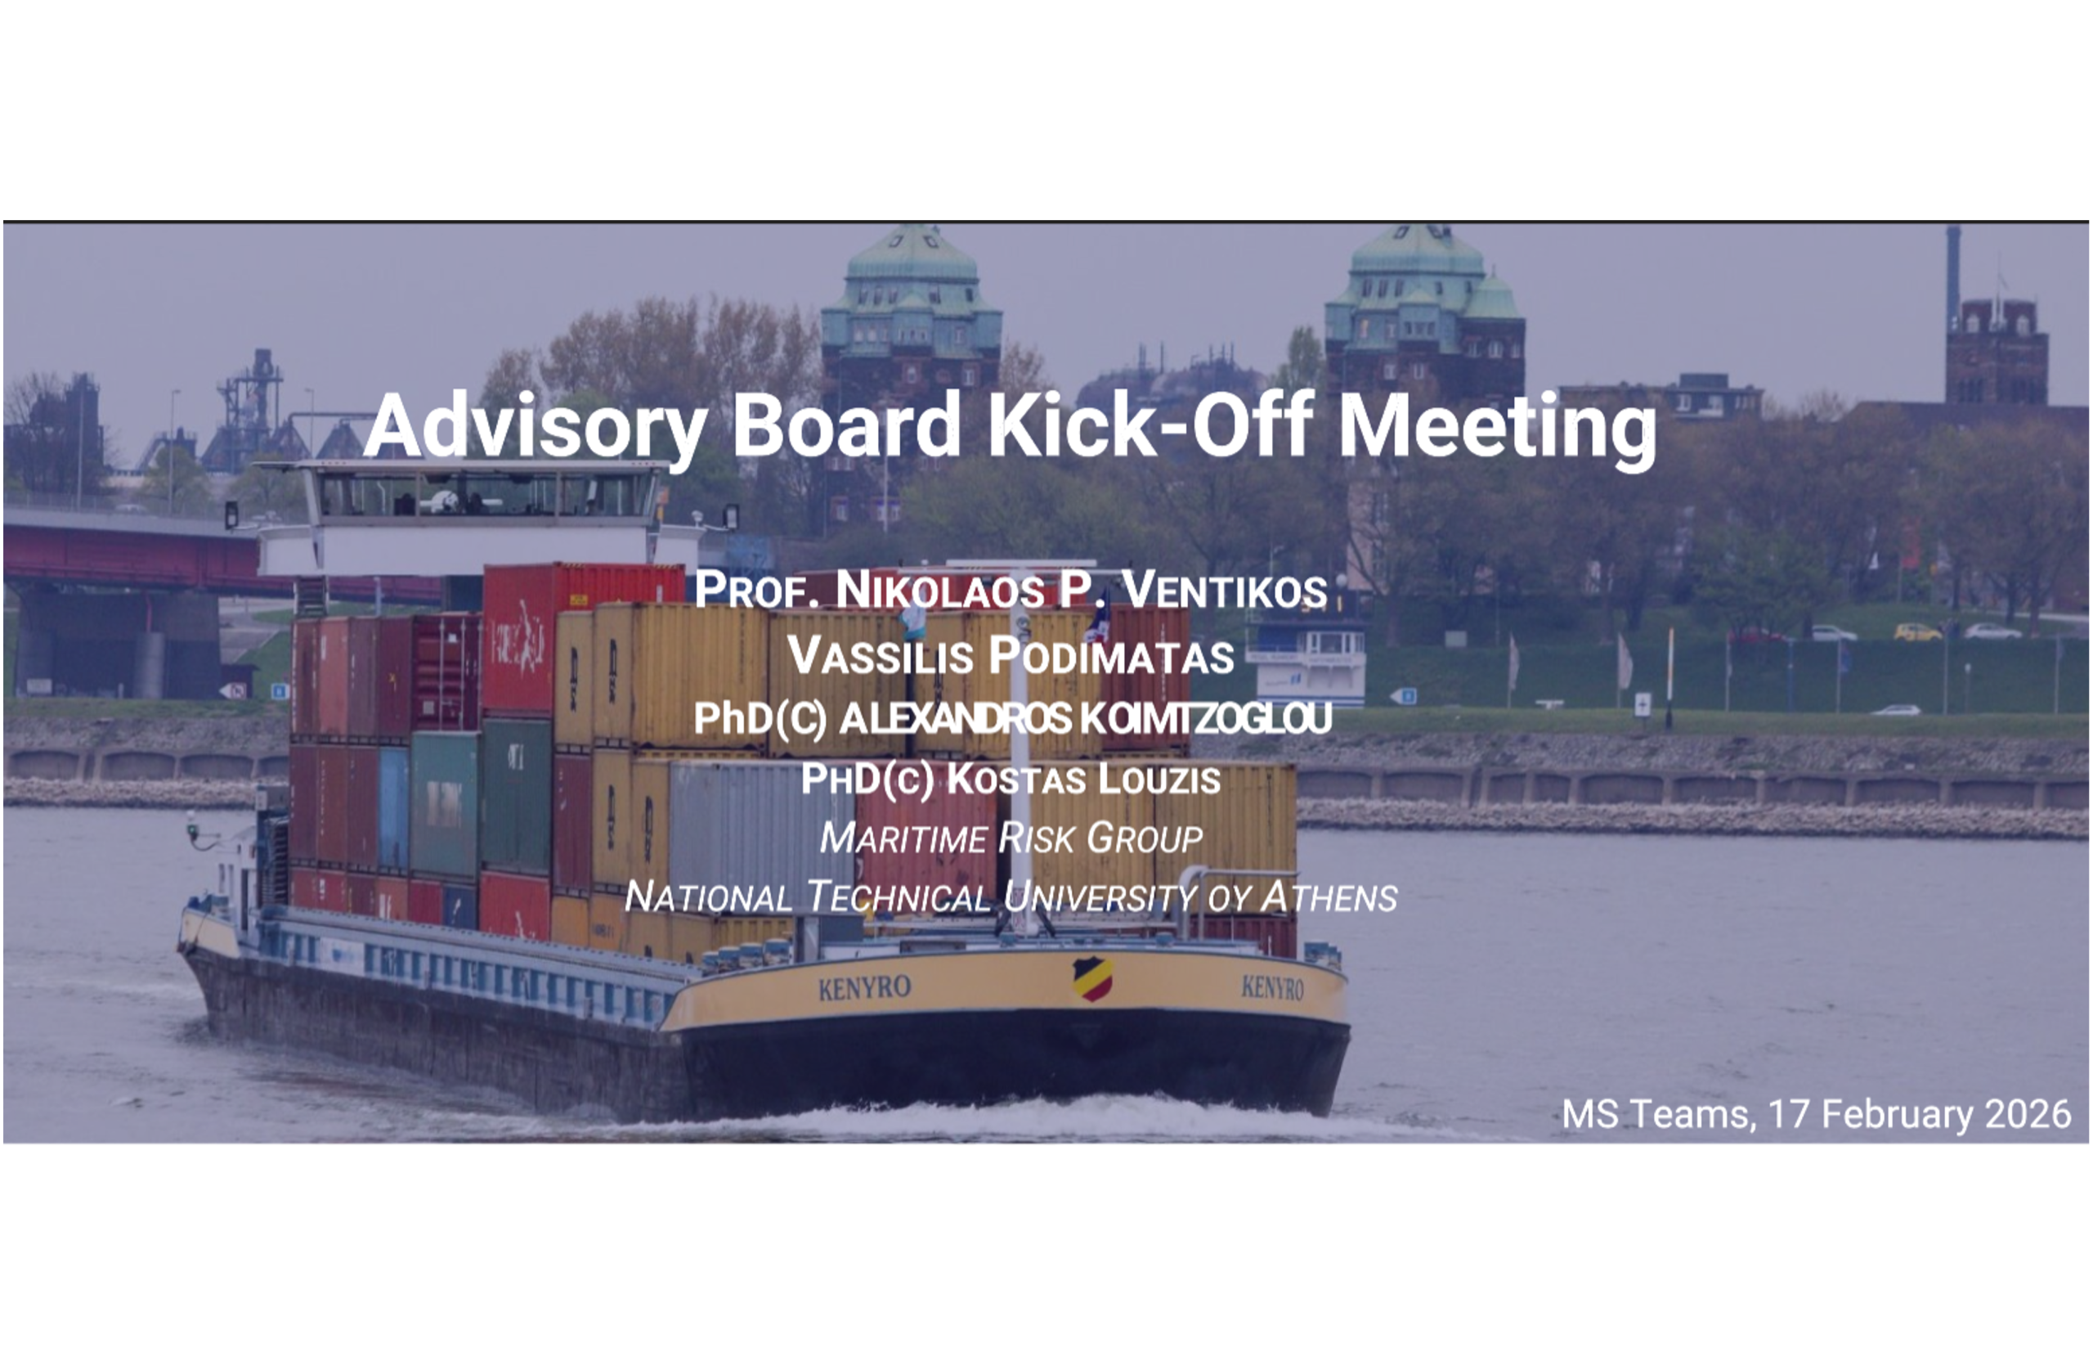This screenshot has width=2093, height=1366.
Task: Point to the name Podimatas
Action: (x=1111, y=656)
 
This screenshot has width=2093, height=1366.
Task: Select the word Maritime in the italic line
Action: (x=903, y=838)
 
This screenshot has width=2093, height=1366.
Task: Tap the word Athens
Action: (x=1329, y=896)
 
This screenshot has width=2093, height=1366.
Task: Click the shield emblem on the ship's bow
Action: (x=1092, y=978)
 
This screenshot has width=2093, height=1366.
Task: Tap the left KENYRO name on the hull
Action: (x=864, y=988)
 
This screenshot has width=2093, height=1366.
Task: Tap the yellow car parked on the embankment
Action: (x=1918, y=631)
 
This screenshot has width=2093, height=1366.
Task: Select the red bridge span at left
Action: (x=132, y=554)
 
